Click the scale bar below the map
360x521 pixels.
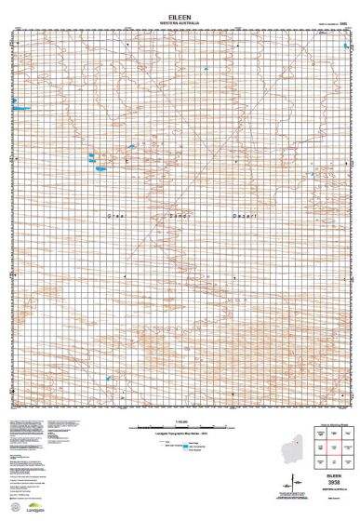point(179,427)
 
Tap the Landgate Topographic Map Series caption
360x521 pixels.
point(179,435)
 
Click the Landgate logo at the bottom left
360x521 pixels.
point(33,508)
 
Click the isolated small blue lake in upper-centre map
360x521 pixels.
point(130,145)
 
